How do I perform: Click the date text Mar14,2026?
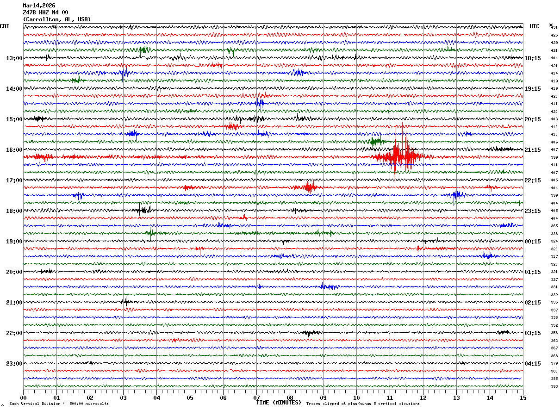click(x=39, y=6)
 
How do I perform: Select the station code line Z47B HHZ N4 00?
click(x=45, y=12)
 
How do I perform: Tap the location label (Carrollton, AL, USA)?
click(x=57, y=19)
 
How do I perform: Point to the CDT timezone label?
click(x=5, y=26)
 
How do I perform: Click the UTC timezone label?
click(x=535, y=26)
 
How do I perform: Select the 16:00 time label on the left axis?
click(x=14, y=150)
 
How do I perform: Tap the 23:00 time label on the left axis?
click(x=14, y=363)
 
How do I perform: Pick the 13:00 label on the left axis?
click(x=14, y=58)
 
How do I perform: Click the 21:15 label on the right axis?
click(x=533, y=150)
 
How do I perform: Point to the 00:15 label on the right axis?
click(x=533, y=242)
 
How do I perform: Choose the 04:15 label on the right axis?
click(x=533, y=363)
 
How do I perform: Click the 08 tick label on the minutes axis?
click(x=290, y=398)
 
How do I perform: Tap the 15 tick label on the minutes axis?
click(x=523, y=398)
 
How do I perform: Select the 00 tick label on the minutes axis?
click(x=24, y=398)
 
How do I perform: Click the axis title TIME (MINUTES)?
click(x=279, y=403)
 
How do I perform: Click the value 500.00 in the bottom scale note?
click(x=77, y=404)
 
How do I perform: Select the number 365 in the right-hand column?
click(x=554, y=226)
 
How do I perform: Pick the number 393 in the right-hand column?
click(x=554, y=386)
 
